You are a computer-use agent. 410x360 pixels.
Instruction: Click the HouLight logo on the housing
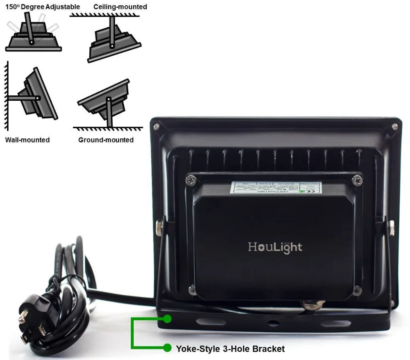point(275,247)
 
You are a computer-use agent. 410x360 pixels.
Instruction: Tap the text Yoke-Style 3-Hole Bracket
point(230,349)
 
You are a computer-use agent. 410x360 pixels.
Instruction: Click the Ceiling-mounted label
point(120,7)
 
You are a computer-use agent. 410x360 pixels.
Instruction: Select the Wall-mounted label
point(27,140)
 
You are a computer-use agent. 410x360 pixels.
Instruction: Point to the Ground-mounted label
point(106,140)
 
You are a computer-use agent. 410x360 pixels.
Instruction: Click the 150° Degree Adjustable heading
point(43,7)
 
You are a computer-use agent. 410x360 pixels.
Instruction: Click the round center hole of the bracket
point(272,323)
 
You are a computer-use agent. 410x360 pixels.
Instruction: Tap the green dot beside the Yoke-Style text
point(167,348)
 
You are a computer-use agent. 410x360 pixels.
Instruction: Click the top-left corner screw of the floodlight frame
point(156,127)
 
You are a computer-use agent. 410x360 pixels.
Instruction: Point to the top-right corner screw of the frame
point(394,127)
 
